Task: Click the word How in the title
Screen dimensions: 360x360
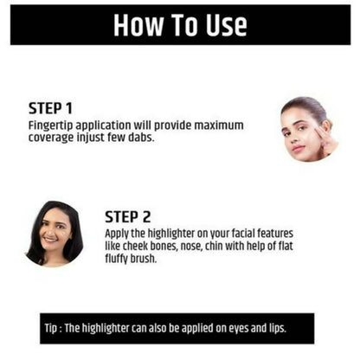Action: (x=138, y=25)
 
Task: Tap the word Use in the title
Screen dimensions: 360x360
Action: (x=227, y=25)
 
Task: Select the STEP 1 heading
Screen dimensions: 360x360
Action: (x=50, y=108)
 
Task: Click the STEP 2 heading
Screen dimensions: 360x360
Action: (x=127, y=217)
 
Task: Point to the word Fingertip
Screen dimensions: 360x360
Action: (x=51, y=126)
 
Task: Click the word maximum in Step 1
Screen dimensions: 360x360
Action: (x=219, y=125)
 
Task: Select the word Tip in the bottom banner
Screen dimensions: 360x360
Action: (x=51, y=329)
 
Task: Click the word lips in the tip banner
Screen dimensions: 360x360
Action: (x=278, y=328)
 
